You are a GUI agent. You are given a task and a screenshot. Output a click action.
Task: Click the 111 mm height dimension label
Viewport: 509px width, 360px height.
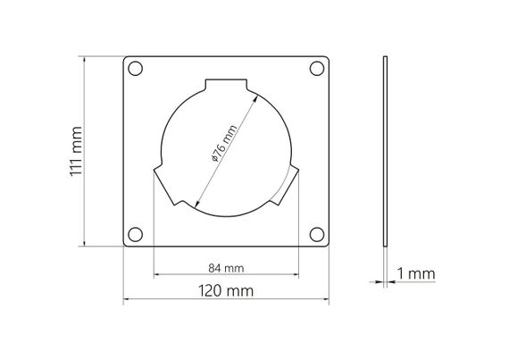pos(76,151)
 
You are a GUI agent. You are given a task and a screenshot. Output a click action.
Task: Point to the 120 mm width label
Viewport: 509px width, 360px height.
pos(226,291)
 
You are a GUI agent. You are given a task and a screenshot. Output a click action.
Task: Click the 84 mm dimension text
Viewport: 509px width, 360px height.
pos(226,269)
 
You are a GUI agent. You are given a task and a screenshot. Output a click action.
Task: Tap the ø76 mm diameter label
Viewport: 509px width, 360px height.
pos(224,143)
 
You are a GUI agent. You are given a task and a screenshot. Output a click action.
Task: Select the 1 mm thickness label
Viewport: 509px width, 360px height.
pos(416,273)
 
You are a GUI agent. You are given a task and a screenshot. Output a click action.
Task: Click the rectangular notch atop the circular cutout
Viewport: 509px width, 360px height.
pos(226,84)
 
